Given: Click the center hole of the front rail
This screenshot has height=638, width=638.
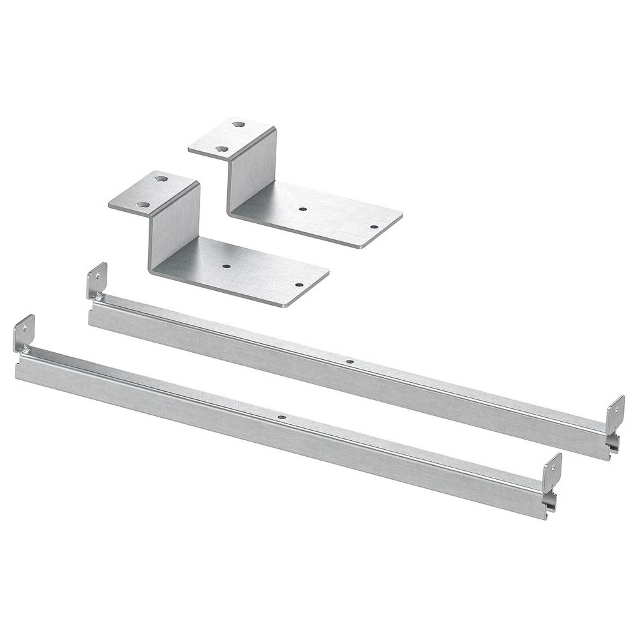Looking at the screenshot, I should (281, 418).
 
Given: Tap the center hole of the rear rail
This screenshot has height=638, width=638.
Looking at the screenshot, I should (349, 362).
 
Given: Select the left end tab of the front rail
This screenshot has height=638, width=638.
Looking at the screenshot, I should (24, 333).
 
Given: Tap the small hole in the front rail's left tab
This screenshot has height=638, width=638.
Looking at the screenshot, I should (24, 329).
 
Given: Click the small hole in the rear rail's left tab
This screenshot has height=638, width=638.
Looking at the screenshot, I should (98, 276).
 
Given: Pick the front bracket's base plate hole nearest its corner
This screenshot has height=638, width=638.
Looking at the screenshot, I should (298, 285).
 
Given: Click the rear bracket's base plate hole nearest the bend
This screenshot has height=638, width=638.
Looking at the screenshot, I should (302, 209).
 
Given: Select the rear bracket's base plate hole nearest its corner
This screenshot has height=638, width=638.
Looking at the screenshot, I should (374, 227).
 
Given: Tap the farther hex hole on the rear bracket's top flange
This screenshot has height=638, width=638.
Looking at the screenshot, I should (239, 124).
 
